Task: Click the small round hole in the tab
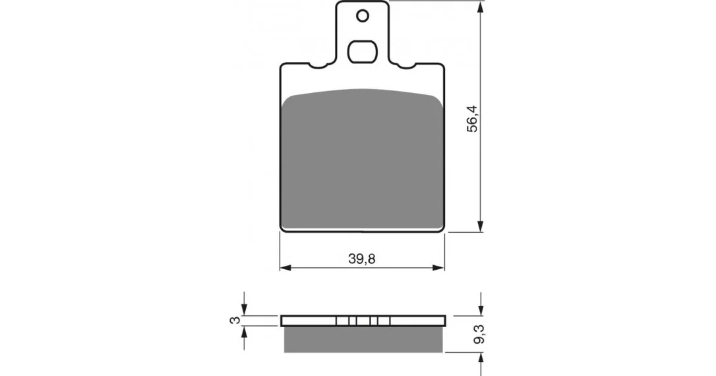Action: (363, 16)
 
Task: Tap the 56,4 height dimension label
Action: (472, 119)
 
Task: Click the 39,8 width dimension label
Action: (362, 259)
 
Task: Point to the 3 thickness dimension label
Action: (235, 321)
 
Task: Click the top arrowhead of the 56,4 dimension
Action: (480, 7)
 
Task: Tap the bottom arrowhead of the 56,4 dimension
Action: (480, 226)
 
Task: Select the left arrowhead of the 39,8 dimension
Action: (286, 268)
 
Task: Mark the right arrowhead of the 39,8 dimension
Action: (438, 268)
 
